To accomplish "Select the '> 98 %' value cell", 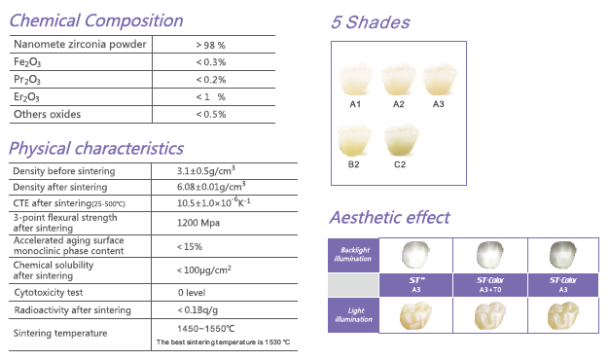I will tap(210, 45).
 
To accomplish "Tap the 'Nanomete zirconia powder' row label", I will tap(80, 45).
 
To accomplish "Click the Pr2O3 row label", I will tap(27, 80).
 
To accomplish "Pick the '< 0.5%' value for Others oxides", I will tap(210, 115).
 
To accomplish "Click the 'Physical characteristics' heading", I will tap(95, 148).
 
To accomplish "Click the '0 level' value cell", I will tap(193, 291).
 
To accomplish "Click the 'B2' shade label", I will tap(355, 164).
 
